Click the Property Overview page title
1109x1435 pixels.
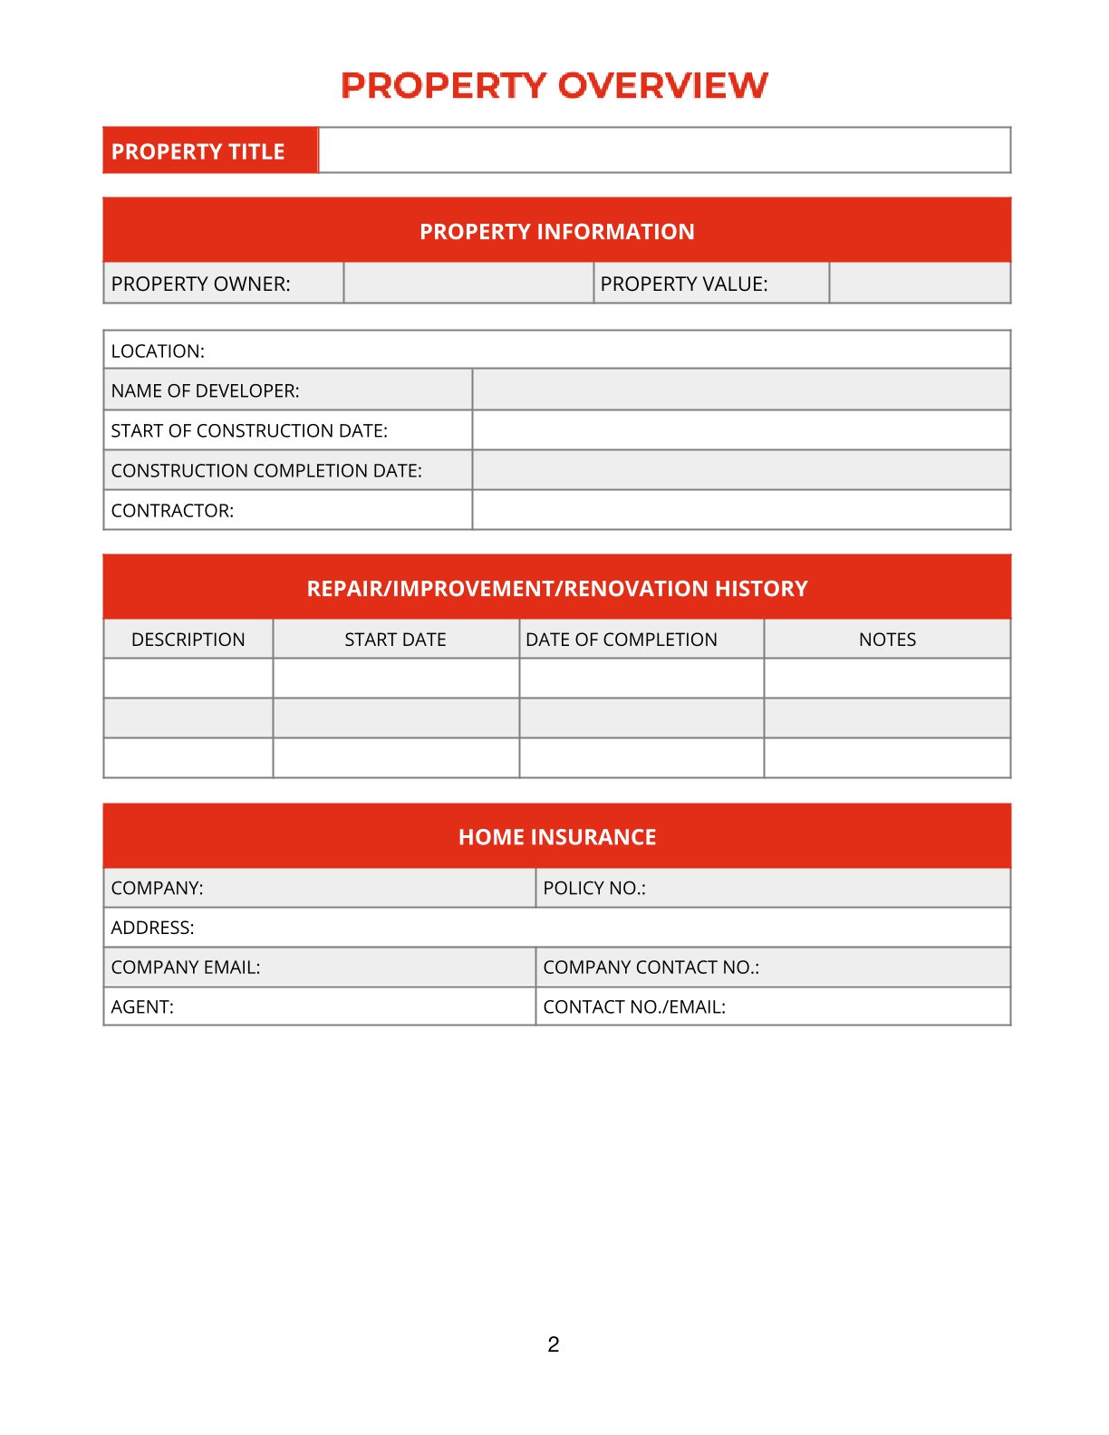point(554,85)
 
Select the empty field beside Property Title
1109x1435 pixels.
point(664,150)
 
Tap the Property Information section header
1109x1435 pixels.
point(556,231)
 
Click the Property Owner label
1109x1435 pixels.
point(201,284)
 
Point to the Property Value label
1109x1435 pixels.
point(684,284)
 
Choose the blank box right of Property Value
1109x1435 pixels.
point(920,284)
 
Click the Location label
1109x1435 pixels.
point(158,351)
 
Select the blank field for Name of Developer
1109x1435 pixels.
point(740,390)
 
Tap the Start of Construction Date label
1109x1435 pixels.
point(249,430)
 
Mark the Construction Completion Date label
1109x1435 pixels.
point(266,470)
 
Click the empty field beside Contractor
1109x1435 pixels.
point(740,510)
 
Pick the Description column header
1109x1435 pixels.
point(188,640)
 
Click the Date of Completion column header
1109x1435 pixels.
point(622,640)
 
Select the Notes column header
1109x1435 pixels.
point(887,640)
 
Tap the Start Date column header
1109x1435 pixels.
point(395,640)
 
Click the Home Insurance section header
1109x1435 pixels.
point(556,836)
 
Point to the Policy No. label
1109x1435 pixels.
point(594,888)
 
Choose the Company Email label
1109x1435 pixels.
point(186,967)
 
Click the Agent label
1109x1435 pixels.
point(142,1006)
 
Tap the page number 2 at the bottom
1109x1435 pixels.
point(554,1344)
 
